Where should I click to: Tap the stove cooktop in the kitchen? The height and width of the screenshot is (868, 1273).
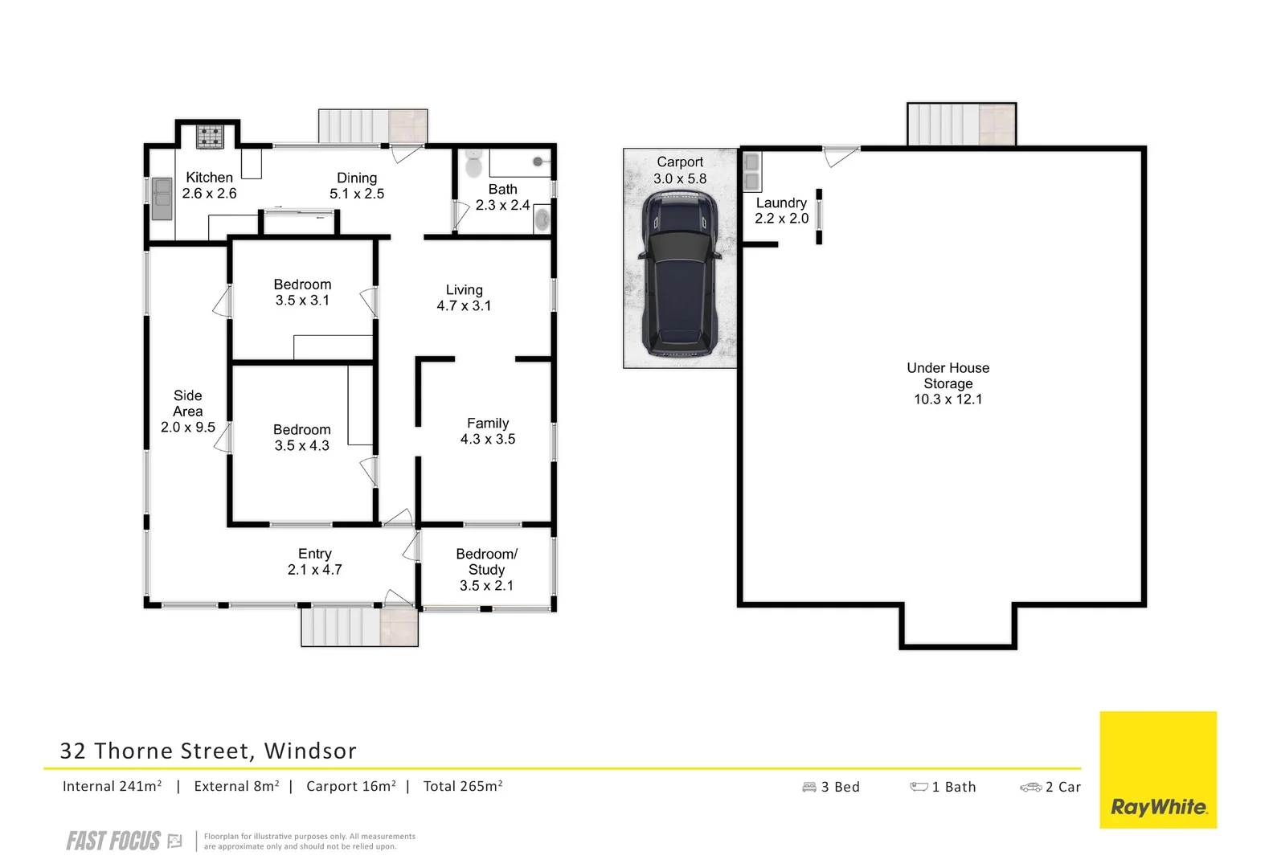[x=211, y=136]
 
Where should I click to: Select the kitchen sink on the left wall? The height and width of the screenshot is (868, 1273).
[x=162, y=199]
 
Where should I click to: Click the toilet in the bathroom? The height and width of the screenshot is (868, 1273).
[x=473, y=164]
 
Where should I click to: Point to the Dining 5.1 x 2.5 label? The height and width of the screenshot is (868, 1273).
[x=357, y=186]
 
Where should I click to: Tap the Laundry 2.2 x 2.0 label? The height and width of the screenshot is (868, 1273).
[x=781, y=211]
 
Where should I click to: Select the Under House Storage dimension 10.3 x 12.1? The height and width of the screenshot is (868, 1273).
[x=948, y=399]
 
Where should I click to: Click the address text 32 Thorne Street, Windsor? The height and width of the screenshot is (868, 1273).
[x=208, y=751]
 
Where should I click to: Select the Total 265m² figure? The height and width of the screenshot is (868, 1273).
[x=462, y=787]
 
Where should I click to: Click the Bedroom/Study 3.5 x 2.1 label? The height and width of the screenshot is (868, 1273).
[x=486, y=569]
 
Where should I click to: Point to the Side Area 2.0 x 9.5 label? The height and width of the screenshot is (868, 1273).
[x=187, y=411]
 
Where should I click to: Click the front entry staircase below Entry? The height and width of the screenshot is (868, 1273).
[x=359, y=627]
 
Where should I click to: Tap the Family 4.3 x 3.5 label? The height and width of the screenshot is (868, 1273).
[x=488, y=431]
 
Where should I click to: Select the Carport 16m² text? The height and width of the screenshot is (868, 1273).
[x=350, y=787]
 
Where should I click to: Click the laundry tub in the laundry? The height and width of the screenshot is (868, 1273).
[x=751, y=171]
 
